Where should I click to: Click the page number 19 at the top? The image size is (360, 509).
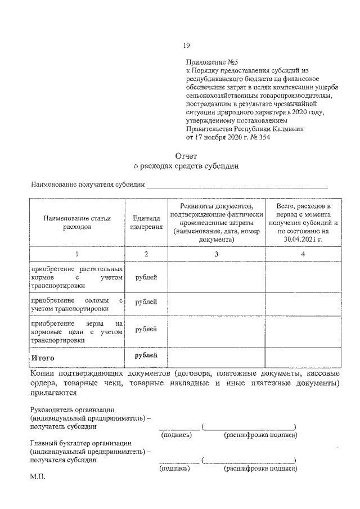tap(187, 46)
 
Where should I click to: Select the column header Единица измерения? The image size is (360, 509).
tap(146, 223)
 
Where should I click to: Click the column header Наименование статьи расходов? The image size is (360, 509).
tap(77, 223)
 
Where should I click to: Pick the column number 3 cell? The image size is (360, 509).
tap(216, 254)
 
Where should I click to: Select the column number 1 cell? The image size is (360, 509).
tap(77, 254)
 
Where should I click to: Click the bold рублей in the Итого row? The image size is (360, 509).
tap(146, 355)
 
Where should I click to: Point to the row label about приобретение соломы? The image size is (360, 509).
tap(77, 304)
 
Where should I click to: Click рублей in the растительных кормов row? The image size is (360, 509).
tap(146, 277)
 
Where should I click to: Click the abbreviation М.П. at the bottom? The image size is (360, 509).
tap(38, 477)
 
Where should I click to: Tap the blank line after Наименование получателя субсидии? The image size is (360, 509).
tap(236, 186)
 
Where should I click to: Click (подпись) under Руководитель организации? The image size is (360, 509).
tap(176, 435)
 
